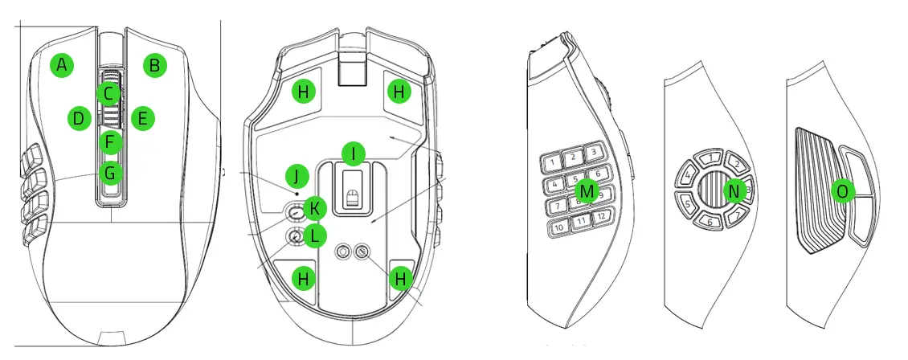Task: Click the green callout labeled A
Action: tap(62, 65)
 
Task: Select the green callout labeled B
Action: tap(155, 65)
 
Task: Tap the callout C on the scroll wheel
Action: tap(108, 93)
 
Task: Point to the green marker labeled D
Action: tap(78, 119)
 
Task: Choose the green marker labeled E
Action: tap(142, 119)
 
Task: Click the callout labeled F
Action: tap(110, 143)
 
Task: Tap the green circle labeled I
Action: tap(352, 153)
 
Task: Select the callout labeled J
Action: tap(297, 175)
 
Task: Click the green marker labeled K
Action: tap(314, 209)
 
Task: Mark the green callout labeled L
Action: tap(314, 236)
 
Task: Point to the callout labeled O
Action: tap(841, 190)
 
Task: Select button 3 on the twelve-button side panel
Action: tap(592, 152)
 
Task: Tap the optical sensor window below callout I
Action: tap(351, 195)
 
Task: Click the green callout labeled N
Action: tap(734, 190)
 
